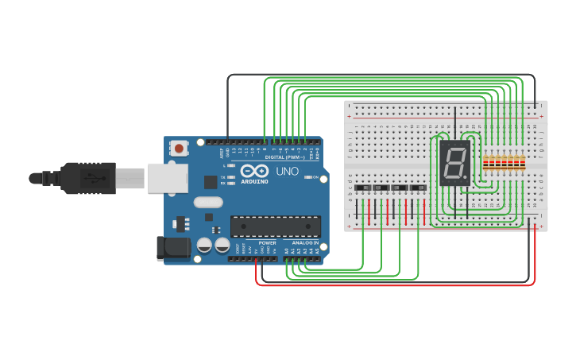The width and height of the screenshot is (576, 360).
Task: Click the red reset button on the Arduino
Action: pos(180,148)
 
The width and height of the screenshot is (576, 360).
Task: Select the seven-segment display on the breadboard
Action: pos(454,164)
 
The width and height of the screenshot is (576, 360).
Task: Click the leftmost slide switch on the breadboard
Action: pos(362,188)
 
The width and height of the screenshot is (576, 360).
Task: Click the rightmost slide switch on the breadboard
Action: pos(418,188)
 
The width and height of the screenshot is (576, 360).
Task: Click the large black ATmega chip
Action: pos(275,226)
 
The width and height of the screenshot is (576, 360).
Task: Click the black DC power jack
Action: pos(174,248)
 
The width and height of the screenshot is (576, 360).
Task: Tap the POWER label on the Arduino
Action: pos(267,243)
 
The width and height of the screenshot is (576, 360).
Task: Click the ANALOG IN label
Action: pos(304,243)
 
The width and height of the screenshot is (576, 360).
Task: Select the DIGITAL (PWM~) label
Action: pos(285,157)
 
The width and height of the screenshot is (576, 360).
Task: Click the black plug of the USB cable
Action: pos(87,178)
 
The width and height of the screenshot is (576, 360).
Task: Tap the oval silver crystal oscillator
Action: pos(207,202)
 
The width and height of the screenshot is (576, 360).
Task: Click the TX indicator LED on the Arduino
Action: pos(232,176)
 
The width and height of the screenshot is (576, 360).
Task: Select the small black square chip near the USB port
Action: pos(210,181)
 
